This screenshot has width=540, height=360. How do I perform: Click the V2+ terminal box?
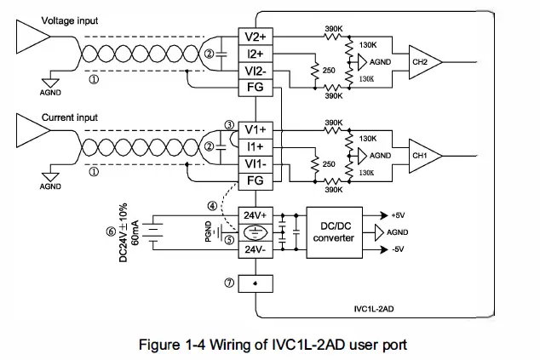point(255,37)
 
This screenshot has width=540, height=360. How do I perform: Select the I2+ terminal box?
point(255,54)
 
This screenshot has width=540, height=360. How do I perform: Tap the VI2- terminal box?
point(255,70)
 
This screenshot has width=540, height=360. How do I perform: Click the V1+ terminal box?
point(255,130)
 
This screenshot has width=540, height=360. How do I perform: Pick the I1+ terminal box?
point(255,146)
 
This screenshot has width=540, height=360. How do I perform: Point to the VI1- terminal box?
point(255,163)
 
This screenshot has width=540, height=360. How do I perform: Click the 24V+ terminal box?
point(255,214)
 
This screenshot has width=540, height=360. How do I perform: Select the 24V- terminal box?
point(255,250)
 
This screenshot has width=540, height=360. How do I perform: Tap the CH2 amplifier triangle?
point(417,62)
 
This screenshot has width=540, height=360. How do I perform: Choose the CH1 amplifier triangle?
point(417,156)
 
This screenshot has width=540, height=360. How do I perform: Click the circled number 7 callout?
point(229,283)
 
